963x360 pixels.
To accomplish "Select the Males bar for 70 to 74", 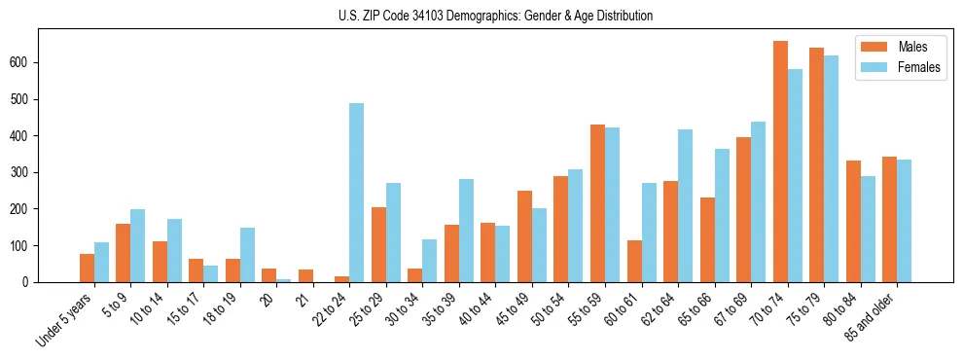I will (x=780, y=162).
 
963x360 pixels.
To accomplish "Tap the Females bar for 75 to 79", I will (x=832, y=169).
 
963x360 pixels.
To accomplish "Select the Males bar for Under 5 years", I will (x=87, y=269).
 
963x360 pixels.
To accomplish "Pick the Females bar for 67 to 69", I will (x=759, y=201).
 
